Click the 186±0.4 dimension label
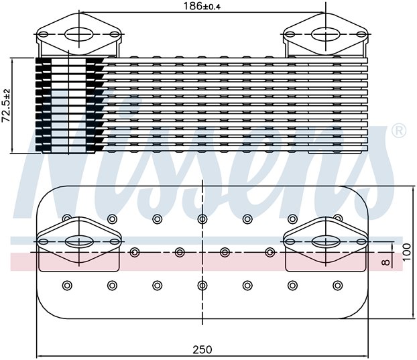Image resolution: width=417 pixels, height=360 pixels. click(202, 6)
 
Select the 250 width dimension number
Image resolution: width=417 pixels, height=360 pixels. click(202, 349)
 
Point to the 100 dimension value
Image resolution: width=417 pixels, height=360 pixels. click(407, 252)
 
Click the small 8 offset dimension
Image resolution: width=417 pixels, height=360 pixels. click(385, 262)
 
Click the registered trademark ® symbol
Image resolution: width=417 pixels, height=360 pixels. click(399, 131)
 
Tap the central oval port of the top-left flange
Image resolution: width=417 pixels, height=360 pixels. click(79, 35)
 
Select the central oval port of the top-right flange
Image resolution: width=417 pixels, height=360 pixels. click(326, 35)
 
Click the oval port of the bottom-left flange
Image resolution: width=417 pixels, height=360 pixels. click(79, 241)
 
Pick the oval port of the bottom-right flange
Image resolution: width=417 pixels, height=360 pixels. click(326, 241)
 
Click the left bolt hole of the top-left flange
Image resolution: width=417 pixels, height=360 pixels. click(44, 35)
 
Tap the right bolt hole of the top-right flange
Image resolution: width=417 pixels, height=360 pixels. click(361, 35)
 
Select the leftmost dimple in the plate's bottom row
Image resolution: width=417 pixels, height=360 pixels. click(67, 286)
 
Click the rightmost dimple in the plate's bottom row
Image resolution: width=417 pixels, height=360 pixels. click(337, 286)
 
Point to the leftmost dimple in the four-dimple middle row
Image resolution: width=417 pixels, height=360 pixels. click(135, 252)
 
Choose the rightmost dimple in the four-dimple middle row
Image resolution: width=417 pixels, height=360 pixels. click(270, 252)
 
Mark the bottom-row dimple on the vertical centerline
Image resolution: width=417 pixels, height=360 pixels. click(202, 286)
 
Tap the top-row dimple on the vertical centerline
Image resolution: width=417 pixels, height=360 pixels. click(202, 219)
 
